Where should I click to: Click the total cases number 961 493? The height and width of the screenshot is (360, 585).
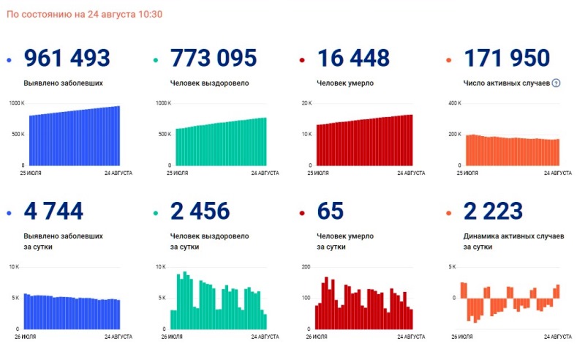67,58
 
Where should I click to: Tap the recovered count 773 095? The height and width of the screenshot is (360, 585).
213,58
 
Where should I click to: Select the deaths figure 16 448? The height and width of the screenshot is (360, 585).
353,58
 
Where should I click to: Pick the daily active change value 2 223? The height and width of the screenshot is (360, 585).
493,211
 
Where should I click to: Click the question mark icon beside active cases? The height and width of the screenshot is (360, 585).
556,83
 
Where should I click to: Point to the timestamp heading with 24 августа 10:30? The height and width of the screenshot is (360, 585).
84,15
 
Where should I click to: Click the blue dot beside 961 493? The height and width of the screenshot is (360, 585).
10,59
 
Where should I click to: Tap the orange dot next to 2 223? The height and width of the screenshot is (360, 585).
448,213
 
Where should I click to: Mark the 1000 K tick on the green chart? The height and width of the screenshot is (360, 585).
162,103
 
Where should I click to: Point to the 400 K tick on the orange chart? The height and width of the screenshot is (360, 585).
455,103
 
